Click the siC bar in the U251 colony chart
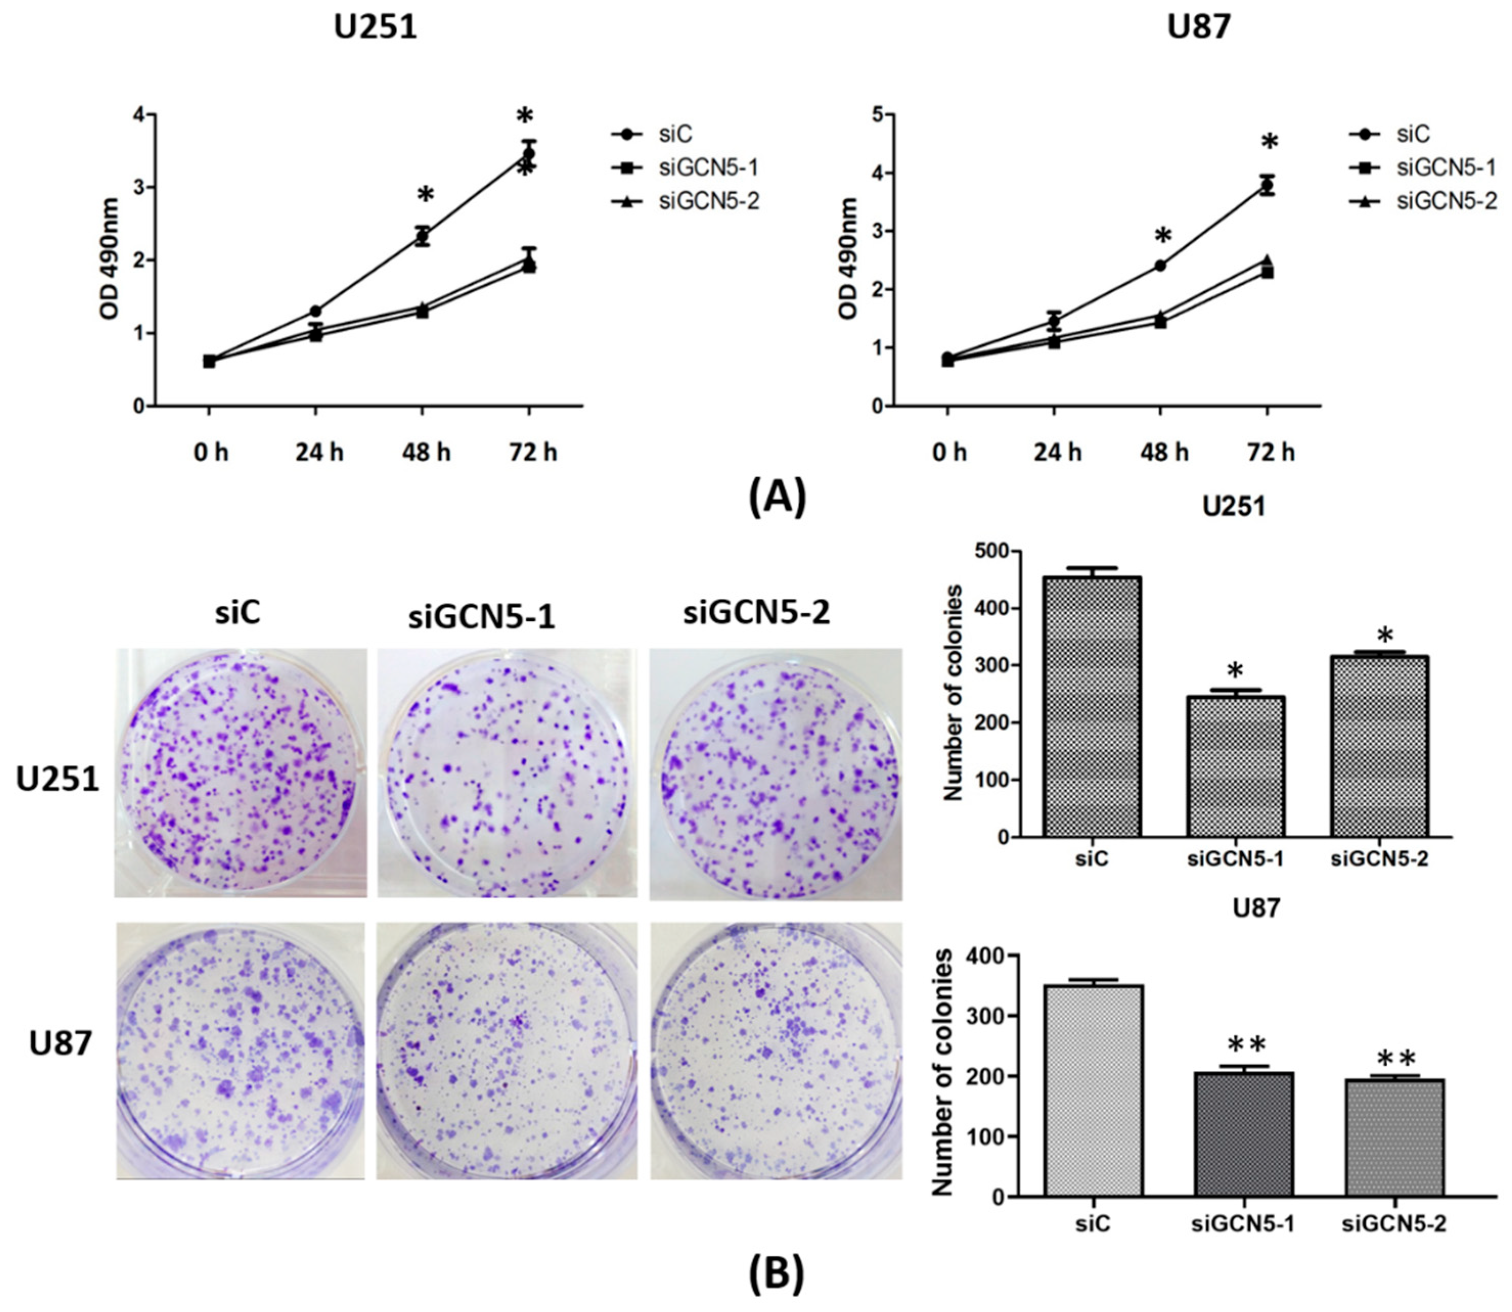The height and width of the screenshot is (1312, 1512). tap(1092, 707)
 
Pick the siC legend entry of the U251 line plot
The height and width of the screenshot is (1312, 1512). tap(674, 134)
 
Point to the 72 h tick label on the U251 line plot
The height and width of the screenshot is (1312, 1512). tap(533, 453)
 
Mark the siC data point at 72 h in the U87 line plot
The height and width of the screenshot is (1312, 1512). tap(1267, 185)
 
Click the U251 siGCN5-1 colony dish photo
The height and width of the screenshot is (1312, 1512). tap(507, 773)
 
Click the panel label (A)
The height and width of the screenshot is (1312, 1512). tap(777, 497)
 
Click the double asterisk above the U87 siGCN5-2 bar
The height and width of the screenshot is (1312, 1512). tap(1396, 1059)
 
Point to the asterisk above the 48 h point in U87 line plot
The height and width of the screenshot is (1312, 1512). tap(1163, 236)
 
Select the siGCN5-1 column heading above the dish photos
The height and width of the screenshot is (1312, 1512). tap(481, 617)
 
